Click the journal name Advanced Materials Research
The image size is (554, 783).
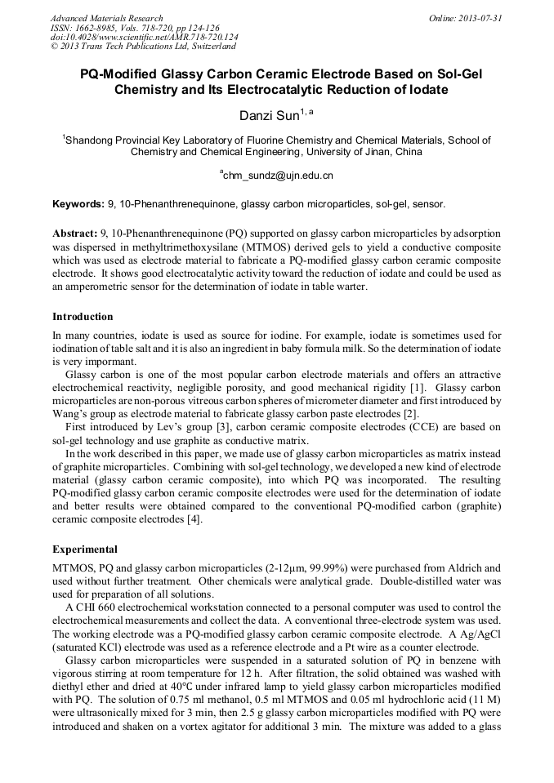click(x=106, y=18)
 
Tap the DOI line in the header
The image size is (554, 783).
click(x=145, y=37)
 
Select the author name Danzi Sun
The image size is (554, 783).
click(x=270, y=116)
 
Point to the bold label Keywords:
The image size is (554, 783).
click(x=78, y=203)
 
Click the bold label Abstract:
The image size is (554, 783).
click(x=75, y=234)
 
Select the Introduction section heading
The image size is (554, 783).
click(x=83, y=317)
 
